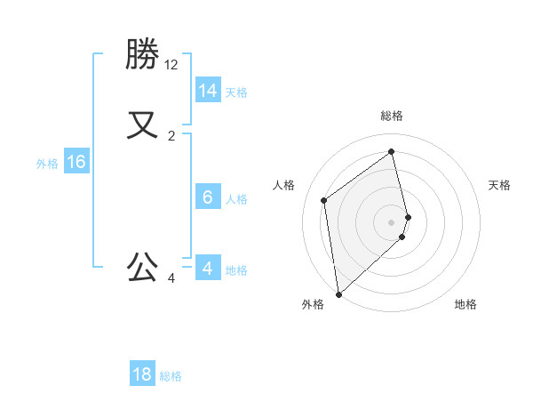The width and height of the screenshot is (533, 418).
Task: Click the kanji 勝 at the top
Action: point(142,55)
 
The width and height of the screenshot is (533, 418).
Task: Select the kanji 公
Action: point(142,267)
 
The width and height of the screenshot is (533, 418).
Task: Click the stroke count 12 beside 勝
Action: point(171,65)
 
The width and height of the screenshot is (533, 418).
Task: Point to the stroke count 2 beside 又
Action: point(171,136)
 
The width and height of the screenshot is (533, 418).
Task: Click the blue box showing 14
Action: point(208,91)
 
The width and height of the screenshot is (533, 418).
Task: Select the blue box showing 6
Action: point(208,197)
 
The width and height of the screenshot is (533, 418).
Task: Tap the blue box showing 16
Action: point(76,162)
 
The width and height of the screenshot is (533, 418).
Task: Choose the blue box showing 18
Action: point(142,374)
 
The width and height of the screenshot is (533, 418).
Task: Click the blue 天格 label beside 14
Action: point(236,92)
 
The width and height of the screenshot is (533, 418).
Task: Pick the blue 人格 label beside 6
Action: point(236,199)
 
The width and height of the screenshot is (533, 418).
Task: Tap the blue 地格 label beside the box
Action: point(236,270)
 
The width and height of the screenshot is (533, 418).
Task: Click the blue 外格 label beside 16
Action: point(47,164)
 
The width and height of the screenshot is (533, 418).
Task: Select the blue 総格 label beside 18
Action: point(171,376)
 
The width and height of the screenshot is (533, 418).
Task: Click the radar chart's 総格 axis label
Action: point(392,116)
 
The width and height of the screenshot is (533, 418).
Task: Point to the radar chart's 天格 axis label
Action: point(499,185)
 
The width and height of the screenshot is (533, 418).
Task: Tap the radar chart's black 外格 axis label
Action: point(313,304)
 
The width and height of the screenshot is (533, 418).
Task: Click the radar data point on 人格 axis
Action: point(324,200)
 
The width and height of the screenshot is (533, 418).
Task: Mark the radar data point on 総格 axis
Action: point(392,151)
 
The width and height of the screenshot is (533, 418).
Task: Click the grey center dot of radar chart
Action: point(392,221)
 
